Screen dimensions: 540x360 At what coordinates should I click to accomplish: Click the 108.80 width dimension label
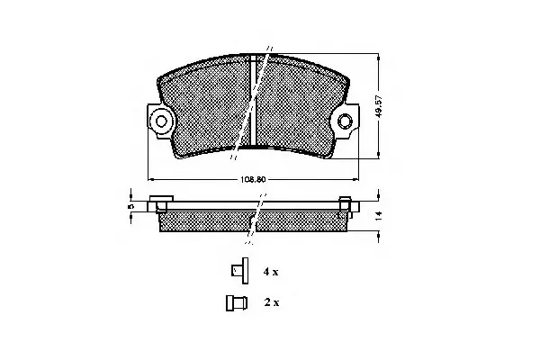(253, 179)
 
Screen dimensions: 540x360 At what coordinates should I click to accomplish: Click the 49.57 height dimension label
(379, 107)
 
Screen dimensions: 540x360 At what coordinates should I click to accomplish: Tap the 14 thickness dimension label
(379, 216)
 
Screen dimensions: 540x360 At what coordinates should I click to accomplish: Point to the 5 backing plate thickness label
(130, 206)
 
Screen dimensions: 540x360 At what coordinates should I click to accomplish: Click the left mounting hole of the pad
(161, 121)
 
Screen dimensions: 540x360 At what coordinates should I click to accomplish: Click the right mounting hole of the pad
(345, 121)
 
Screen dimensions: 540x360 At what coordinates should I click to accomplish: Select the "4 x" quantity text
(271, 272)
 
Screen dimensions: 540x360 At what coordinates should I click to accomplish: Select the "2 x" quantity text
(272, 302)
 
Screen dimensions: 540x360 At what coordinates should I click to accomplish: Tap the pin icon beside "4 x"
(239, 271)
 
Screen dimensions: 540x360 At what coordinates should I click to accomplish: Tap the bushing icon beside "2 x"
(237, 303)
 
